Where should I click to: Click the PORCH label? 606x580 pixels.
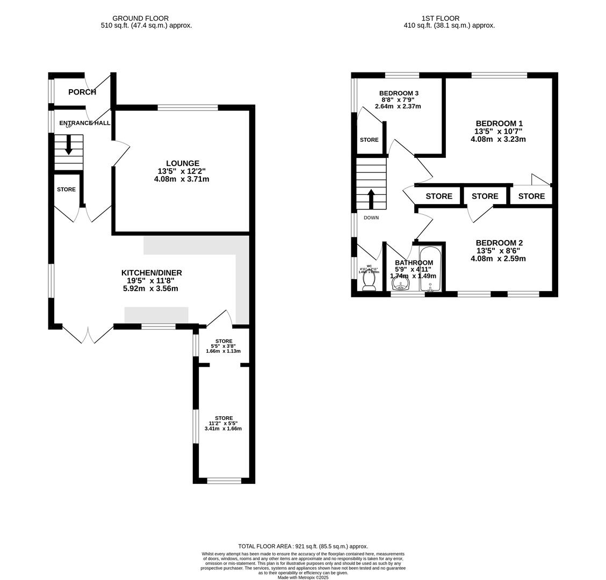(x=82, y=92)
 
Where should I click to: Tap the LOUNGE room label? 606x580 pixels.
(x=182, y=163)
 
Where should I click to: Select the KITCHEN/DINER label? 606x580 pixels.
(x=151, y=273)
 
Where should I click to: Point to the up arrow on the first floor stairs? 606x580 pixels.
(x=371, y=198)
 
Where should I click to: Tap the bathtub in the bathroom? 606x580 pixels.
(x=430, y=269)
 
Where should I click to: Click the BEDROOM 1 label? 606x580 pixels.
(x=499, y=124)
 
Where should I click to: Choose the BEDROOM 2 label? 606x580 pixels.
(x=499, y=243)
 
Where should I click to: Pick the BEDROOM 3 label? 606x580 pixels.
(x=398, y=93)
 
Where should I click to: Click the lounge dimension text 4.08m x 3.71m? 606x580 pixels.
(x=182, y=179)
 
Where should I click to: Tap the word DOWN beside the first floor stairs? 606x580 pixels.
(x=371, y=218)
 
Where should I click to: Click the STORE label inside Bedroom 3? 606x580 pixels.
(x=369, y=140)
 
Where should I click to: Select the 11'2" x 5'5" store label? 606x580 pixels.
(x=223, y=423)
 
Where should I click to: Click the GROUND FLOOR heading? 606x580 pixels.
(x=140, y=18)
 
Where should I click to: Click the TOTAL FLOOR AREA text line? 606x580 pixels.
(x=303, y=546)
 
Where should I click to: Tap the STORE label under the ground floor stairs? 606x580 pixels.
(x=67, y=190)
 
